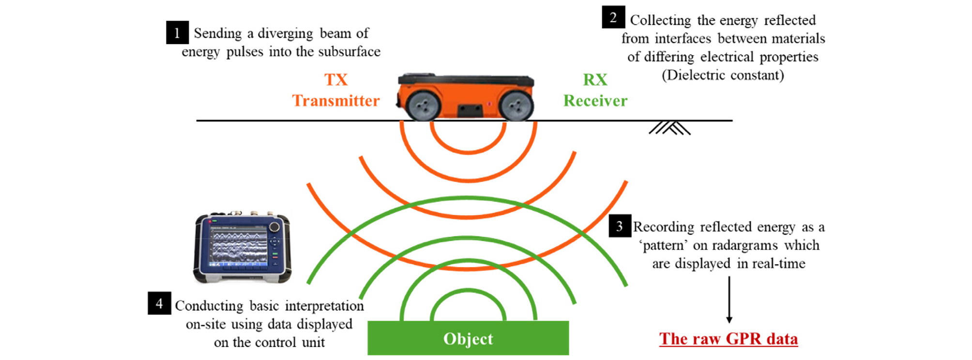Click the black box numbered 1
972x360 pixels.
[x=177, y=32]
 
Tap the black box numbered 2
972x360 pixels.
[x=613, y=17]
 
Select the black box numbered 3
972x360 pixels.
[x=620, y=226]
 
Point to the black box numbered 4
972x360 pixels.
[x=159, y=303]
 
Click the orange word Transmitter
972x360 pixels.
[x=336, y=101]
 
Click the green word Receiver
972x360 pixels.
[x=595, y=101]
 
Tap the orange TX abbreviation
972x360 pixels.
[x=336, y=79]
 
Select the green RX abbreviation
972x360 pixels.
[x=595, y=79]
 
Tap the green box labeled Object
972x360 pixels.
[x=468, y=338]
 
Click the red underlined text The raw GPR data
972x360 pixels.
[x=729, y=339]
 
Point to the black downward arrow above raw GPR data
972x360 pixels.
[x=729, y=300]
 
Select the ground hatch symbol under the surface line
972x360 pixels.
[x=669, y=128]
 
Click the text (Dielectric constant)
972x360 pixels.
[x=723, y=75]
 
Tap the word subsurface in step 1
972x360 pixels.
[x=349, y=51]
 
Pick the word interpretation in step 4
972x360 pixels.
[x=324, y=306]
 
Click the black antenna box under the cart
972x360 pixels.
[x=470, y=110]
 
